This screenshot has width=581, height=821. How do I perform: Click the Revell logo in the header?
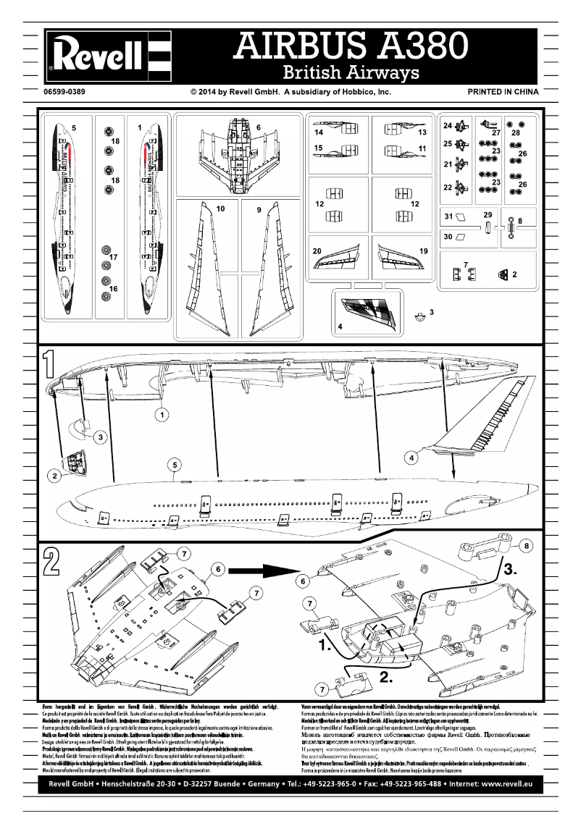click(x=109, y=54)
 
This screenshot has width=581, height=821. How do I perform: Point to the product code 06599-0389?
click(x=64, y=93)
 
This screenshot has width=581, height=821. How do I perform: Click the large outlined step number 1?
click(x=50, y=366)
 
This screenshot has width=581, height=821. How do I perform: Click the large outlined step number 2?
click(x=50, y=562)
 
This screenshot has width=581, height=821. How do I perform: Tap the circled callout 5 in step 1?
click(x=175, y=466)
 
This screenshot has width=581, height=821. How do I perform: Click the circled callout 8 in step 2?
click(x=527, y=545)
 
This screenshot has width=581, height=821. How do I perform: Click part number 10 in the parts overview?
click(x=221, y=209)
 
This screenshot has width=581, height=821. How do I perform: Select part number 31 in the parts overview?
click(x=448, y=216)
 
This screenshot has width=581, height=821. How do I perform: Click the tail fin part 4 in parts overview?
click(x=369, y=309)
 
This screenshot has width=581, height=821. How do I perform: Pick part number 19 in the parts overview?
click(x=424, y=250)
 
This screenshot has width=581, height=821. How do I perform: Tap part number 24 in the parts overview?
click(x=448, y=125)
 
